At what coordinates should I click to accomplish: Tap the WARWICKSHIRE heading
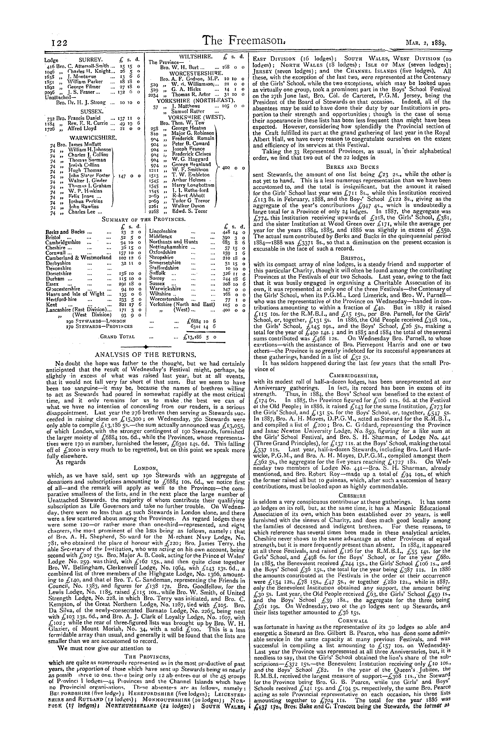[x=89, y=138]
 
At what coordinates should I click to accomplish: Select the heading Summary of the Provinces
[x=146, y=219]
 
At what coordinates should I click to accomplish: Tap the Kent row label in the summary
[x=50, y=304]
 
